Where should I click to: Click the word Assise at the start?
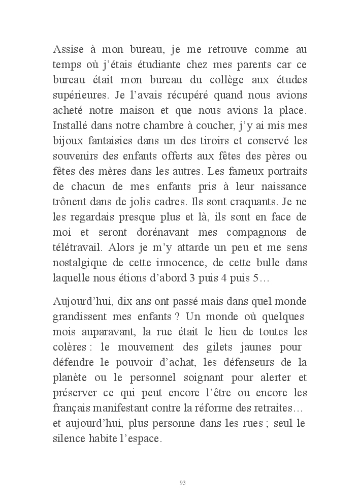(x=69, y=50)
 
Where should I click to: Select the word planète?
(x=70, y=379)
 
